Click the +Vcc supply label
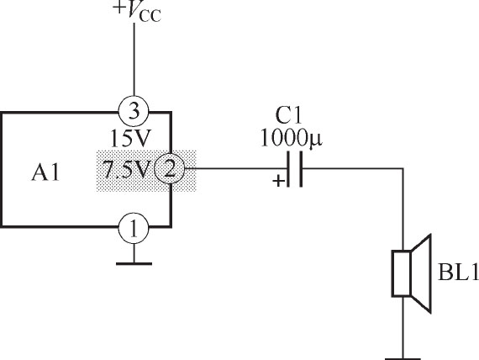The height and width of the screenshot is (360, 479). point(137,12)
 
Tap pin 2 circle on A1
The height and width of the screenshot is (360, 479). point(169,168)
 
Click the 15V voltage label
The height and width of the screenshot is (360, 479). point(130,138)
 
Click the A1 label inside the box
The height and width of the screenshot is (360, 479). point(45,172)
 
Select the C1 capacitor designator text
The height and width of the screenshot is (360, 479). point(288,115)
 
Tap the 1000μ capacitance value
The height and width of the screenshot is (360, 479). point(291,138)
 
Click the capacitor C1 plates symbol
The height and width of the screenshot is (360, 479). point(295,169)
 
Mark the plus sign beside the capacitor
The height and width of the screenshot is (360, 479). point(278,181)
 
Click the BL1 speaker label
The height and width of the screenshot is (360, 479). point(458,272)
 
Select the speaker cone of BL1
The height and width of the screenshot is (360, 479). point(421,273)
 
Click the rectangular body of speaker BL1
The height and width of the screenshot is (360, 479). point(401,273)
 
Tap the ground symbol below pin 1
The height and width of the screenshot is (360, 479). point(134,263)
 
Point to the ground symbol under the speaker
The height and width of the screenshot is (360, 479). point(403,358)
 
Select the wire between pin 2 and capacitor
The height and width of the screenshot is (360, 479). point(235,168)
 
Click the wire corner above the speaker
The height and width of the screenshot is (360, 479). point(403,168)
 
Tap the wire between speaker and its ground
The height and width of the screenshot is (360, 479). point(403,327)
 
